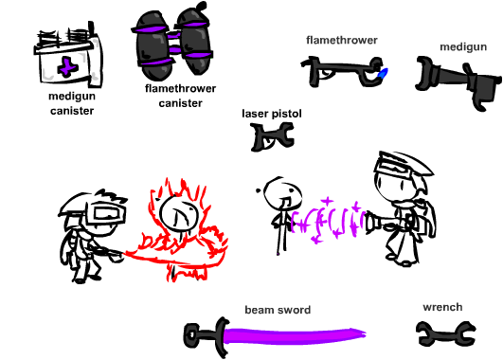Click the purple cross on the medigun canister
[x=66, y=66]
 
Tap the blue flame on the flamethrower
[x=384, y=74]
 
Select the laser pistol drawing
[x=272, y=137]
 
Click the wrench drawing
[x=446, y=333]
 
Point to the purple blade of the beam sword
[x=295, y=335]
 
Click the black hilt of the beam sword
[x=207, y=336]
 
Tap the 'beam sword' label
[x=278, y=310]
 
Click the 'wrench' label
[x=442, y=307]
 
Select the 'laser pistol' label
[x=272, y=114]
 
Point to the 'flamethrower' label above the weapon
[x=342, y=40]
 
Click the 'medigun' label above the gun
[x=463, y=46]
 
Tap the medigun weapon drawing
[x=458, y=82]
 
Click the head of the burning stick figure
[x=178, y=212]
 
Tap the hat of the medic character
[x=404, y=165]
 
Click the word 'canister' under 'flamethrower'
[x=180, y=103]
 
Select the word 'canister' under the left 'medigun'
[x=72, y=111]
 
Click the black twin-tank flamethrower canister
[x=172, y=42]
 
